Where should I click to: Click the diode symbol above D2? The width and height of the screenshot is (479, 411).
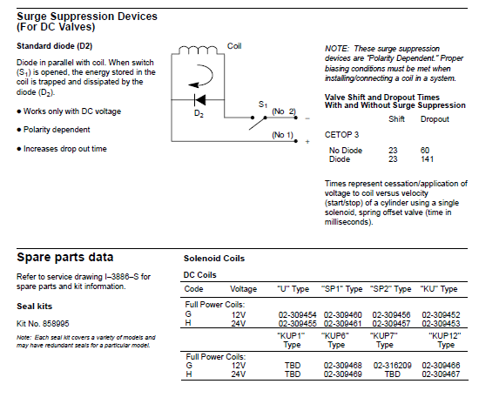coord(199,99)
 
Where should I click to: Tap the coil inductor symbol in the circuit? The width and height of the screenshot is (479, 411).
coord(198,51)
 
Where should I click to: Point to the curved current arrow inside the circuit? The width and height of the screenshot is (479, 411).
coord(201,76)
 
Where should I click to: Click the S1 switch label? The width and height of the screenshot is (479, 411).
coord(263,104)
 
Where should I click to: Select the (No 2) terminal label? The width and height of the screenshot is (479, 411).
coord(284,111)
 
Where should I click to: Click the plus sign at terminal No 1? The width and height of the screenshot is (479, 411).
coord(307,141)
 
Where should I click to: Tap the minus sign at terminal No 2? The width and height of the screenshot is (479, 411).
coord(307,118)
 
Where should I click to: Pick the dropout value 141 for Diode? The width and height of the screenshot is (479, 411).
coord(427,159)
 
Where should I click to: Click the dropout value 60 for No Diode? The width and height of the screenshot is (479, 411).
coord(425,151)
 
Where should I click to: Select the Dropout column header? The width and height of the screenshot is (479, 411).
coord(435,119)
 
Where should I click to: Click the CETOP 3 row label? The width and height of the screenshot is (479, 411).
coord(341,135)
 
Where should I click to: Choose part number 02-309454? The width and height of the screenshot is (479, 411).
coord(297,314)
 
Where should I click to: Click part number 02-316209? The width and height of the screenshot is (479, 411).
coord(392,365)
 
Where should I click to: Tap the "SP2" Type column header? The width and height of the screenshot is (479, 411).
coord(390,289)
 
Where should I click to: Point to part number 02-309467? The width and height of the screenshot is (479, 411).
coord(441,374)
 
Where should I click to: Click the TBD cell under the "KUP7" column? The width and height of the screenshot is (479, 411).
coord(392,374)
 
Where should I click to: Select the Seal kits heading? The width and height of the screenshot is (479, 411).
coord(35,306)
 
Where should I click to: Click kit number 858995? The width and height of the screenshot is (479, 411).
coord(56,323)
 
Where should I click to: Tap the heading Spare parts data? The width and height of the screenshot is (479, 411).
coord(65,258)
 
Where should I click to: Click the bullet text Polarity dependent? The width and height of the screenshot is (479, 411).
coord(57,130)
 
